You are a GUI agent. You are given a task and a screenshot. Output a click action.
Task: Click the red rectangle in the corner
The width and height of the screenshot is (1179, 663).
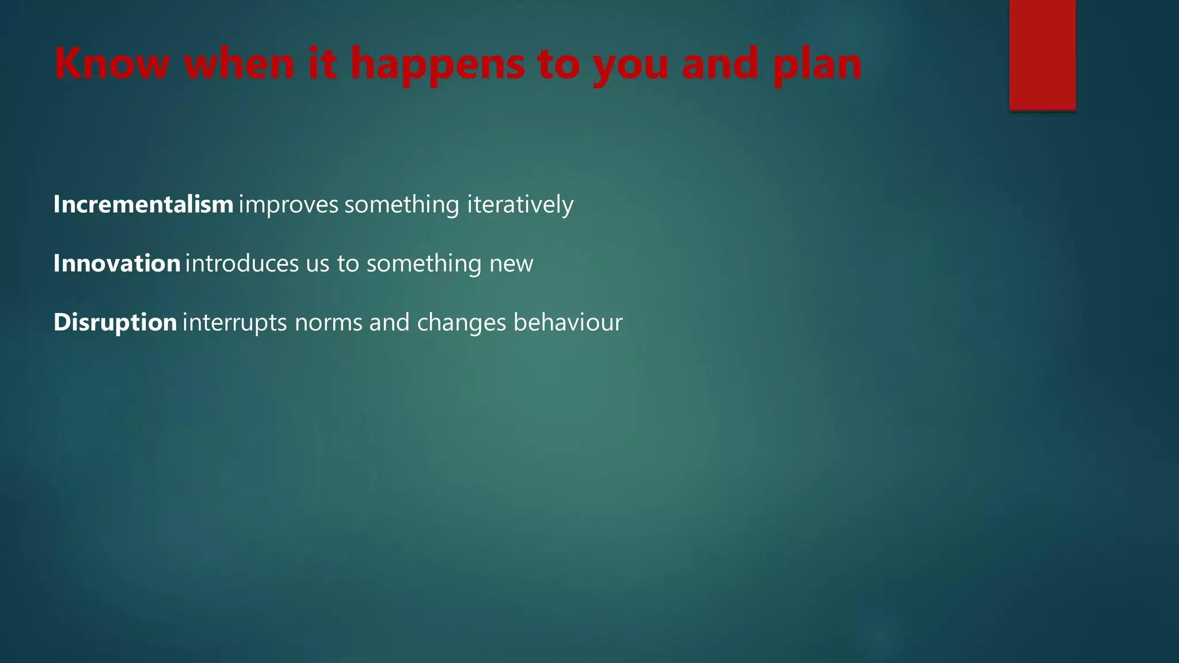1042,55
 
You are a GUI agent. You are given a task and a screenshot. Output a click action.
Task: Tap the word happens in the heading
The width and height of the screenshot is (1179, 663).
438,64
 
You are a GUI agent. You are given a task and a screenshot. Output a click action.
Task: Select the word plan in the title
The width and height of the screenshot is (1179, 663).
817,64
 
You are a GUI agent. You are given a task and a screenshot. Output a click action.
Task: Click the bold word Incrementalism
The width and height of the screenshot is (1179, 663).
143,204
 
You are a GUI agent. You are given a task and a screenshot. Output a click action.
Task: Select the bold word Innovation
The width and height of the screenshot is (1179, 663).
117,263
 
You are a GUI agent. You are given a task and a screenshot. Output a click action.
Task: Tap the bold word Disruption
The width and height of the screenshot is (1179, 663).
115,322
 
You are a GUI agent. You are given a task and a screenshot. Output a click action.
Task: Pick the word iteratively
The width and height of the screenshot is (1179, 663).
520,204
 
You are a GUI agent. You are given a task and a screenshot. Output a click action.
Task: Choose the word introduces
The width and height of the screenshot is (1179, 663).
242,263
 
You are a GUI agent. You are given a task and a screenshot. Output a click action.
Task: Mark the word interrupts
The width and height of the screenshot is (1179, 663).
234,323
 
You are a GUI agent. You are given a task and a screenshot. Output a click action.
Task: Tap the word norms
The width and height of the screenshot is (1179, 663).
328,323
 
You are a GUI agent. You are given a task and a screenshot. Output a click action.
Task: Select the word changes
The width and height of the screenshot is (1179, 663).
461,323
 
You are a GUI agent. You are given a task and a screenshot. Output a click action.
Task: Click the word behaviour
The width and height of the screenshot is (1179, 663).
568,322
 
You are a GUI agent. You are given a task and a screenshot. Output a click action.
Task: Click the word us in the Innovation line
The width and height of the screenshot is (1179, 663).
317,264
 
